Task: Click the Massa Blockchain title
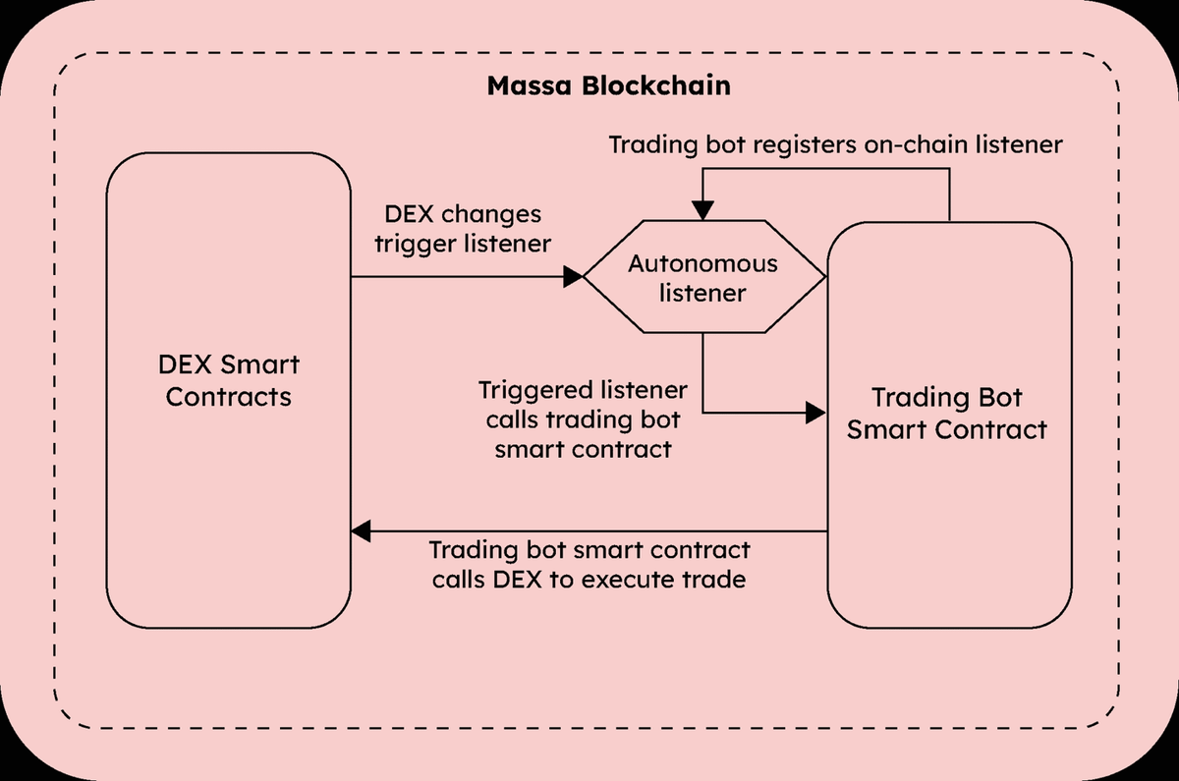[x=608, y=85]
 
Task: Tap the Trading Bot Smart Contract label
[x=947, y=414]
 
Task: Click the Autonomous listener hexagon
[x=702, y=278]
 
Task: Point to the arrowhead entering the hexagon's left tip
[x=573, y=277]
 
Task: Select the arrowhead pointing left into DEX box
[x=362, y=531]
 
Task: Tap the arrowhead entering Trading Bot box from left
[x=815, y=413]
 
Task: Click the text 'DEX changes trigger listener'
[x=462, y=229]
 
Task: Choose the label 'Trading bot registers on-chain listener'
[x=835, y=144]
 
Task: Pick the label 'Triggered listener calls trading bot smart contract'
[x=583, y=419]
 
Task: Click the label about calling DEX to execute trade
[x=589, y=564]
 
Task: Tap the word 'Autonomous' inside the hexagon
[x=702, y=263]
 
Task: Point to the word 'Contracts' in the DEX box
[x=229, y=397]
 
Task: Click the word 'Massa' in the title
[x=527, y=85]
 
